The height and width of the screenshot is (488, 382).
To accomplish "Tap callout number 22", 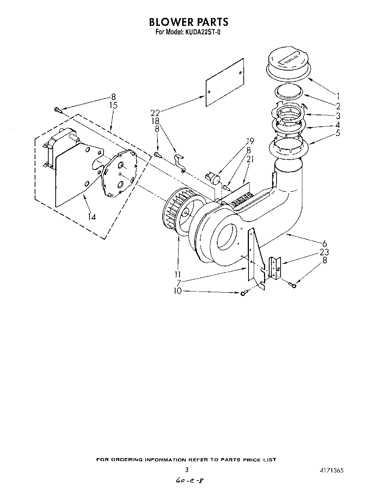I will [x=155, y=113].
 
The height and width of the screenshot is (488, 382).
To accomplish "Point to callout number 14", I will [x=91, y=217].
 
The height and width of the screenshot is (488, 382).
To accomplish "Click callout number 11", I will [x=178, y=274].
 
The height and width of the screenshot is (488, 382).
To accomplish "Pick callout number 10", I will [x=178, y=291].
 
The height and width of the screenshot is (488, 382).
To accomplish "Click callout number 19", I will [x=250, y=140].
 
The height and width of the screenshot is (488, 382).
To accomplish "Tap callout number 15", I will [x=113, y=105].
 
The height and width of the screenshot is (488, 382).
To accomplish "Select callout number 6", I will [x=324, y=243].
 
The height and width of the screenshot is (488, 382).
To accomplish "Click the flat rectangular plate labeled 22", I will [x=225, y=82].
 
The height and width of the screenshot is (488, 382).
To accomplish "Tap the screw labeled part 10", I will [x=243, y=293].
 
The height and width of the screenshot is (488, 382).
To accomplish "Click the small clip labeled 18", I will [x=180, y=162].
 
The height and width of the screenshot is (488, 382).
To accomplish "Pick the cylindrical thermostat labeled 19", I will [x=214, y=178].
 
